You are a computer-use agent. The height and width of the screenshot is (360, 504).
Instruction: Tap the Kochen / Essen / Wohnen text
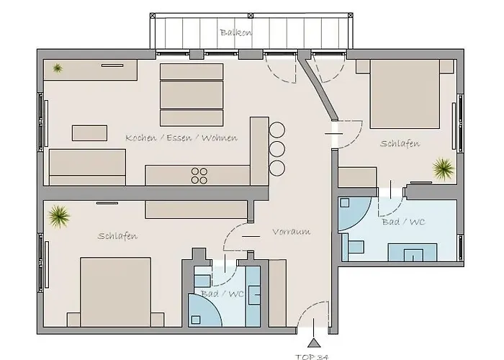coord(181,138)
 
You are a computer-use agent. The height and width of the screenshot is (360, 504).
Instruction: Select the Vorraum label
coord(291,232)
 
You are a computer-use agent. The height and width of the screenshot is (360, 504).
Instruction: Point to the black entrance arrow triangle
coord(314,343)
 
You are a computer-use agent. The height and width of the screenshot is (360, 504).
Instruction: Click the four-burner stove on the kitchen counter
coord(199,175)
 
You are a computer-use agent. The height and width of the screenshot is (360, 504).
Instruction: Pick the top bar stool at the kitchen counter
coord(277,131)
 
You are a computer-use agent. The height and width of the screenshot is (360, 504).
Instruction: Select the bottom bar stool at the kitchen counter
coord(277,168)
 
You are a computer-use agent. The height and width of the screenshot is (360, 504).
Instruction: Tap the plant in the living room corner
coord(57,68)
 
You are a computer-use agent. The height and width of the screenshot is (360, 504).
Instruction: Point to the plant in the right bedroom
coord(443,169)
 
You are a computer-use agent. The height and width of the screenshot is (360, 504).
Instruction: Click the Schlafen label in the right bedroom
coord(400,144)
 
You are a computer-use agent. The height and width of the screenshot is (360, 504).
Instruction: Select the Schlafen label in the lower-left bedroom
coord(117,236)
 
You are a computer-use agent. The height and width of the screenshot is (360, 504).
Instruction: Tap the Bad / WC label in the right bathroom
coord(405,222)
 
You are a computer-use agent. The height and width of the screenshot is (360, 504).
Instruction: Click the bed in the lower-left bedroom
coord(115,292)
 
